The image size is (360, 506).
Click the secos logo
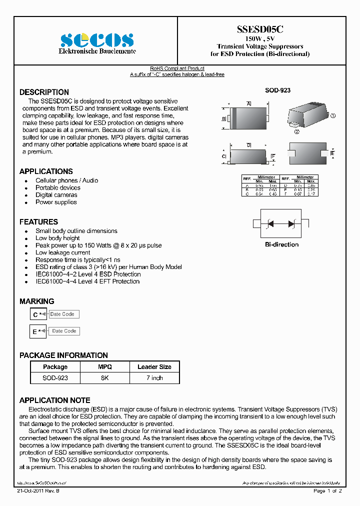[97, 40]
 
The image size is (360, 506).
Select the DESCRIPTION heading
[44, 92]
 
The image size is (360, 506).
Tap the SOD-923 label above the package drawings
[277, 90]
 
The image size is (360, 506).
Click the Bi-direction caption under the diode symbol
[281, 244]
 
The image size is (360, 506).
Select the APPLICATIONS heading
[46, 171]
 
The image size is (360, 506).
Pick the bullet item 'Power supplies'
[56, 202]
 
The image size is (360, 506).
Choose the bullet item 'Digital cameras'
[56, 195]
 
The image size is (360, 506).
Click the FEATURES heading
[38, 221]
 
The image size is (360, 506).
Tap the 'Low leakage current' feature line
[63, 252]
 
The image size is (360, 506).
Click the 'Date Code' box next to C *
[62, 314]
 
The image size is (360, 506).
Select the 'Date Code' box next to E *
[64, 331]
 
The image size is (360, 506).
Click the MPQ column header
[104, 367]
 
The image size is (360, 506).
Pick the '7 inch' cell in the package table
[154, 378]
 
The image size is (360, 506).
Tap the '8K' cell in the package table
[104, 378]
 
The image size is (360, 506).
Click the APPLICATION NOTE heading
[54, 400]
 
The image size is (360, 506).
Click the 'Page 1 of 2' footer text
[327, 491]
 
